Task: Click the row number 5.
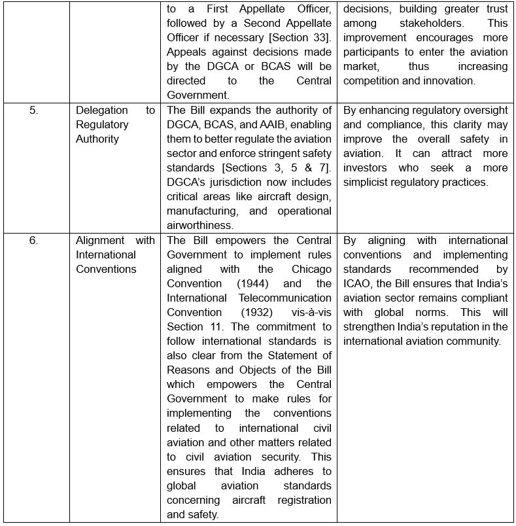(x=33, y=110)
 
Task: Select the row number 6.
(x=33, y=240)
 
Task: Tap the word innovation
(x=446, y=81)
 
